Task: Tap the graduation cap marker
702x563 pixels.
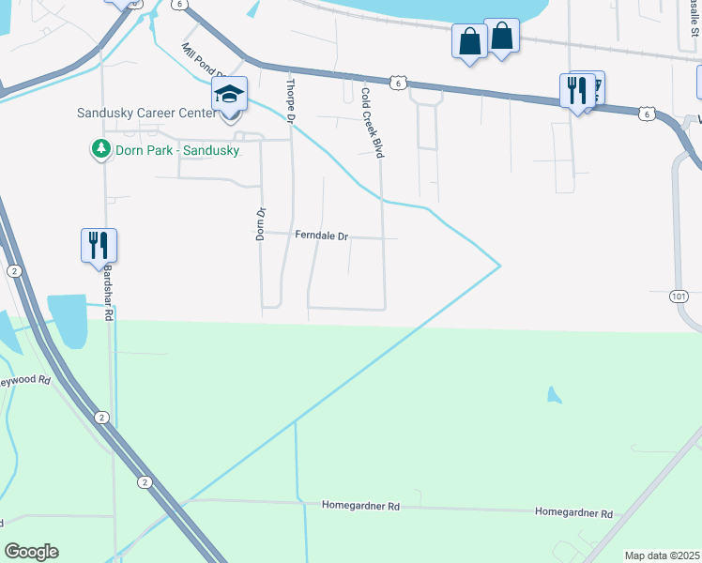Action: coord(229,95)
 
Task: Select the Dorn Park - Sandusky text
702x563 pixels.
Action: coord(176,150)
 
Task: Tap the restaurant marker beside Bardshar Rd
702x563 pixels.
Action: coord(99,245)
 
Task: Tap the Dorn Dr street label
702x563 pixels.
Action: coord(262,224)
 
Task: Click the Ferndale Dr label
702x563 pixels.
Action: coord(321,236)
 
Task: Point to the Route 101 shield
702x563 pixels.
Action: coord(679,296)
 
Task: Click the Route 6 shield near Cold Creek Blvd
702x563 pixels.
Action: coord(400,84)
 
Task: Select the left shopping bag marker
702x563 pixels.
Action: coord(468,42)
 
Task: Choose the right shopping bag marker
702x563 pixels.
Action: coord(502,37)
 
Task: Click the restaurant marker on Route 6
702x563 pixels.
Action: coord(576,90)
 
